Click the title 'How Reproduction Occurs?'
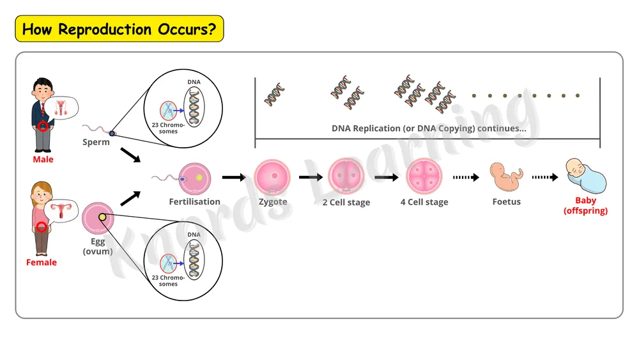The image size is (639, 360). pyautogui.click(x=119, y=29)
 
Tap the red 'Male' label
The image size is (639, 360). pyautogui.click(x=43, y=159)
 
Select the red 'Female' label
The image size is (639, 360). pyautogui.click(x=42, y=263)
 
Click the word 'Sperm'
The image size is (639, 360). pyautogui.click(x=96, y=143)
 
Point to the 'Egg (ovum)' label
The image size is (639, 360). pyautogui.click(x=98, y=246)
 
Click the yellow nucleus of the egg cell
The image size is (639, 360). pyautogui.click(x=102, y=217)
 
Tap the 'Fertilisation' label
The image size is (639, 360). pyautogui.click(x=194, y=202)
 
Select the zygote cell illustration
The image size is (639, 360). pyautogui.click(x=272, y=177)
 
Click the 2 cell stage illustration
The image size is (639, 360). pyautogui.click(x=346, y=176)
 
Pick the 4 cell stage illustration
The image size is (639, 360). pyautogui.click(x=424, y=176)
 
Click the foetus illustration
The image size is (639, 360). pyautogui.click(x=506, y=177)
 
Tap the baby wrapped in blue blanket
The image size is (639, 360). pyautogui.click(x=585, y=176)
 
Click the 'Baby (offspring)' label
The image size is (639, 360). pyautogui.click(x=585, y=206)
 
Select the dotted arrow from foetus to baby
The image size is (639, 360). pyautogui.click(x=545, y=177)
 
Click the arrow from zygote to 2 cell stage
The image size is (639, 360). pyautogui.click(x=311, y=177)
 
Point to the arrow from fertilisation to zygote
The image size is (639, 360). pyautogui.click(x=234, y=177)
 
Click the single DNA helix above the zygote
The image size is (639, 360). pyautogui.click(x=274, y=95)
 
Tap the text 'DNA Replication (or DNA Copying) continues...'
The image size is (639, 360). pyautogui.click(x=429, y=129)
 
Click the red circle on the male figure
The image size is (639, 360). pyautogui.click(x=43, y=127)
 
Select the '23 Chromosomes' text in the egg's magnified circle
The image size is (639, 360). pyautogui.click(x=168, y=281)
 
